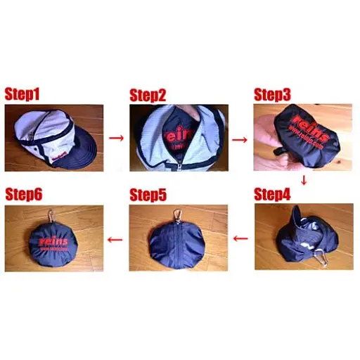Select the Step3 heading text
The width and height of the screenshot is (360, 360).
click(274, 94)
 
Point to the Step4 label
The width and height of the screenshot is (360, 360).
click(274, 194)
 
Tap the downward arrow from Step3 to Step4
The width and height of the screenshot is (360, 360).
click(304, 181)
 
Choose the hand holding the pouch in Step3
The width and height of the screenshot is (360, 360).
click(271, 148)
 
